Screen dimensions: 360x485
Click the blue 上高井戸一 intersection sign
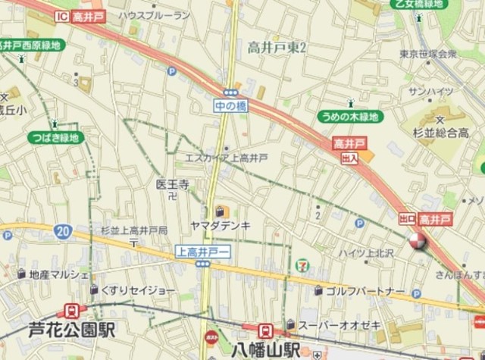click(202, 251)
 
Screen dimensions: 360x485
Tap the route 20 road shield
click(63, 230)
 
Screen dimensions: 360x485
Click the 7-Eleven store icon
click(303, 264)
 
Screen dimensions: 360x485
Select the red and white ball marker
click(417, 242)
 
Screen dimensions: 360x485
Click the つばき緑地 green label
click(55, 137)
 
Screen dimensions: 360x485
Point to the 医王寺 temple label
click(172, 184)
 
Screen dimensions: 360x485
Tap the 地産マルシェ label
click(58, 273)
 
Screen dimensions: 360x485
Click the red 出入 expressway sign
click(349, 158)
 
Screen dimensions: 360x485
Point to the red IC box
click(62, 16)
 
